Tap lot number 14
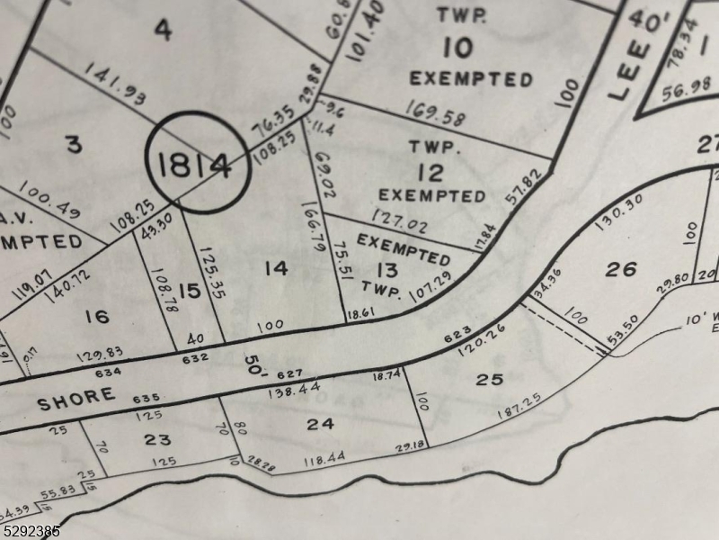pyautogui.click(x=277, y=267)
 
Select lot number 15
pyautogui.click(x=190, y=291)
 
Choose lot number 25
pyautogui.click(x=489, y=379)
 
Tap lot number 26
pyautogui.click(x=620, y=268)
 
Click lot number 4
pyautogui.click(x=162, y=30)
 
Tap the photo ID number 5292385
pyautogui.click(x=31, y=531)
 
